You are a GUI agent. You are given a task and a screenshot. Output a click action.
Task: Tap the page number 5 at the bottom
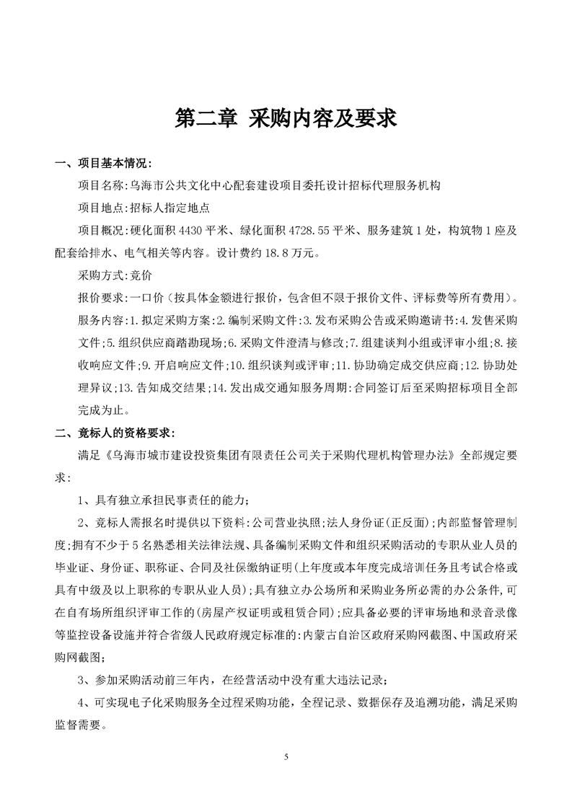(286, 757)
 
